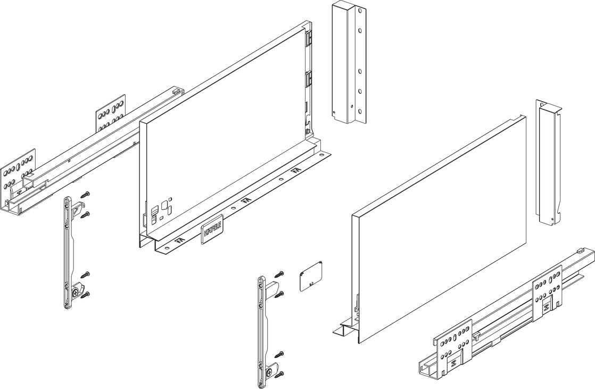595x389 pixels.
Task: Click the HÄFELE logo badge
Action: [x=212, y=232]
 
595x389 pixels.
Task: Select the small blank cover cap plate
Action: [x=309, y=277]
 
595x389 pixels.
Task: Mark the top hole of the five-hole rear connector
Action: [x=360, y=10]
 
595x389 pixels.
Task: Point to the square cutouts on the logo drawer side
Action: [x=160, y=208]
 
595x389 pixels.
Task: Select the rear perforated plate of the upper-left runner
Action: [x=111, y=113]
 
